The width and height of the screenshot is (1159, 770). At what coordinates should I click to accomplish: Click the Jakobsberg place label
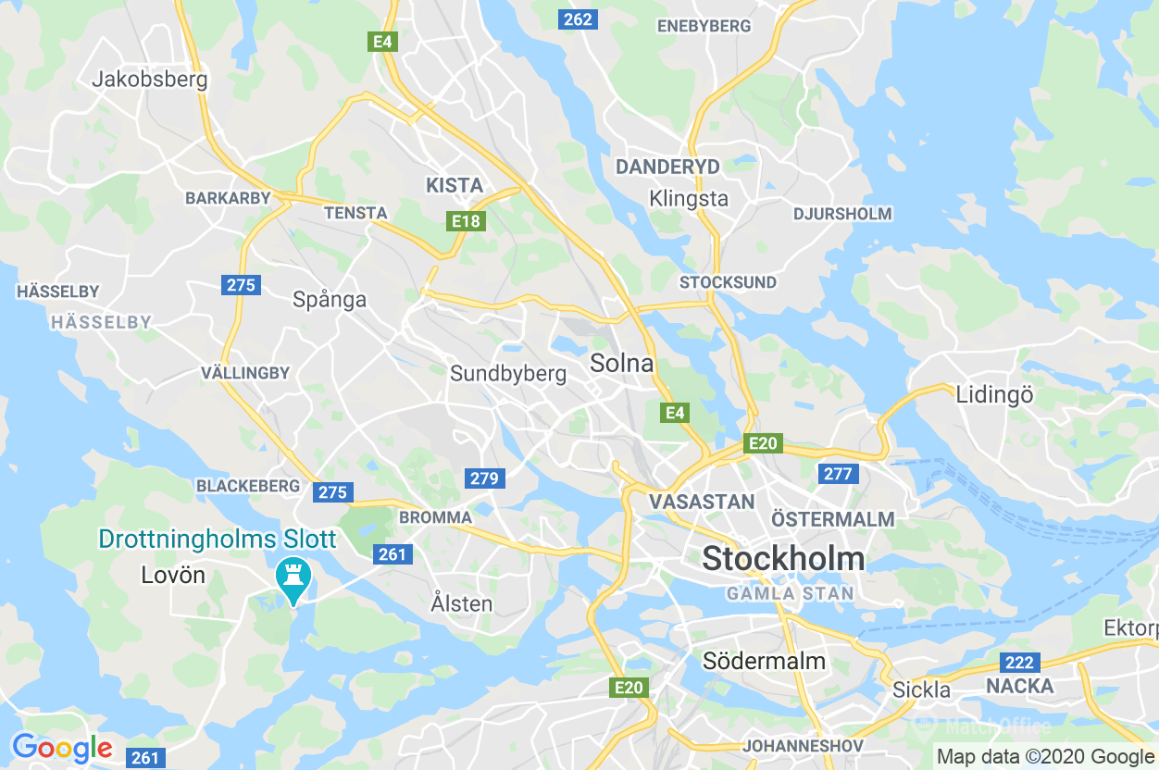pos(149,79)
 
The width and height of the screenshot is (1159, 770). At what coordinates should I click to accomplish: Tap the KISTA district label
pos(455,185)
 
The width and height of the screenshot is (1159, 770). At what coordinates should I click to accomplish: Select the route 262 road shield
pos(578,19)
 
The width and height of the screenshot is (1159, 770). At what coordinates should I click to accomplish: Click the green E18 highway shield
pos(466,221)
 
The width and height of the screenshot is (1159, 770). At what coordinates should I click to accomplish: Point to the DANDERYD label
pos(667,168)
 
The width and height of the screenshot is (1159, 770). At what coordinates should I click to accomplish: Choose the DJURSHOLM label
pos(841,214)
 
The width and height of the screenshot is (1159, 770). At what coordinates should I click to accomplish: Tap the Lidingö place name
pos(994,394)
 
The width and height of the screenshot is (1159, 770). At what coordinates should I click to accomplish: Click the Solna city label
pos(621,364)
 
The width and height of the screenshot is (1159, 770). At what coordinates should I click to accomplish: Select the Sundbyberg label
pos(507,374)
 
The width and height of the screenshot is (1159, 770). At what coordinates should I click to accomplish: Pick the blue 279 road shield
pos(484,478)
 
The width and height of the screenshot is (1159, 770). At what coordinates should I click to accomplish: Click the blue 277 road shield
pos(838,474)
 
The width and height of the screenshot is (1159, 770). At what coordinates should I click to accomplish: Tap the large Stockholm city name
pos(783,559)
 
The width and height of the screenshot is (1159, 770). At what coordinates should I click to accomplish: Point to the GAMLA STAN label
pos(790,593)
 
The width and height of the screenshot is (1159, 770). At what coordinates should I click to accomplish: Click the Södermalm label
pos(764,661)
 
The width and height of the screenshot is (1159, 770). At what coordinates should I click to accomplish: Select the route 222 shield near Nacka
pos(1019,663)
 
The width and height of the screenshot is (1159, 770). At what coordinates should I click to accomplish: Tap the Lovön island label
pos(173,575)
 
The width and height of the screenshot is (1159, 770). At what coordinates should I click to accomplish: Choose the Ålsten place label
pos(461,603)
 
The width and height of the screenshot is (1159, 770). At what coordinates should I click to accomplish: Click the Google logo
pos(61,748)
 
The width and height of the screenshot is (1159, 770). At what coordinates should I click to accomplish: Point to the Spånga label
pos(330,299)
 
